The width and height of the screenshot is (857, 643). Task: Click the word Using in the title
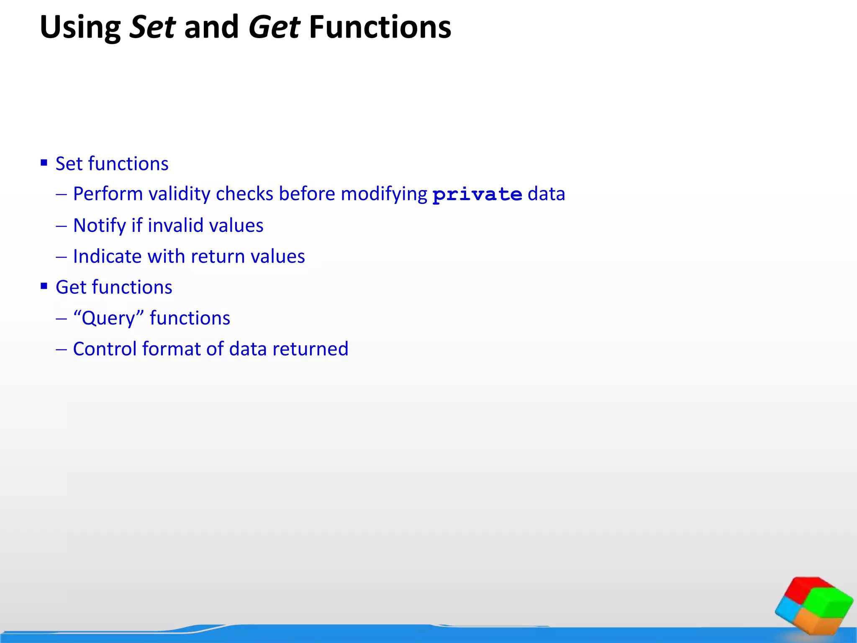[x=80, y=28]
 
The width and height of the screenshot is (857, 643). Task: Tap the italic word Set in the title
[x=152, y=28]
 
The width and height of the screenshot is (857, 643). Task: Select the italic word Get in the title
[x=274, y=28]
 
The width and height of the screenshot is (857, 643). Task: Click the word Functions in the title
[x=380, y=28]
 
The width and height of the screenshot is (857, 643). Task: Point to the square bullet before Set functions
[x=44, y=162]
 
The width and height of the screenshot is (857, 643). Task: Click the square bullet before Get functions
[x=44, y=286]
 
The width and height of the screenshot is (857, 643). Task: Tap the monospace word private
[x=477, y=195]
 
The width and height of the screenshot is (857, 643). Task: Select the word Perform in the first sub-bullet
[x=108, y=194]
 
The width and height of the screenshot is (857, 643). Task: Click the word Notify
[x=100, y=225]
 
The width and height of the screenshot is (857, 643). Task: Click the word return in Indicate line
[x=218, y=256]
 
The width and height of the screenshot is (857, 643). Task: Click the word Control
[x=105, y=349]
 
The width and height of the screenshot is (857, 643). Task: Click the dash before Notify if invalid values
[x=62, y=226]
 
